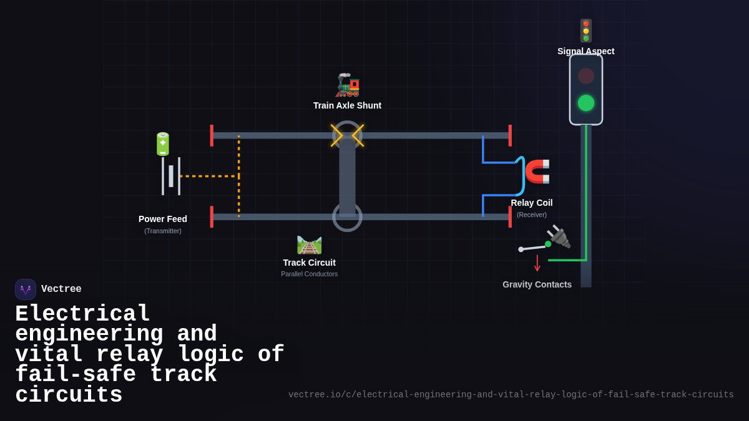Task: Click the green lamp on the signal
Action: click(x=585, y=103)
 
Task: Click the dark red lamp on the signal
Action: click(x=585, y=76)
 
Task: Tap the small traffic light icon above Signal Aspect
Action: click(x=585, y=31)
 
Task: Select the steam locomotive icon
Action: click(x=348, y=85)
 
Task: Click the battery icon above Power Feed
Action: click(x=162, y=144)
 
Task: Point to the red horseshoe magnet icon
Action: click(x=537, y=171)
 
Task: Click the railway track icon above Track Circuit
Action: click(x=309, y=244)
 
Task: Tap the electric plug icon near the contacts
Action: click(x=559, y=236)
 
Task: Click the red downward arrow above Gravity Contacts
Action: click(x=537, y=263)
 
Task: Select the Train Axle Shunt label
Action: click(x=347, y=105)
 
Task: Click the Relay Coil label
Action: click(x=531, y=203)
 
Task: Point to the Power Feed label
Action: click(x=162, y=219)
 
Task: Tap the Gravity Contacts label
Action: click(x=537, y=284)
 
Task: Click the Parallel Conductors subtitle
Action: click(x=309, y=274)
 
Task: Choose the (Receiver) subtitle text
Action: click(x=531, y=215)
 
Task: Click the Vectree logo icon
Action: click(x=26, y=289)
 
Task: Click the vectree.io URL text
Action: click(x=511, y=395)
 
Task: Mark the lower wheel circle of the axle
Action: click(x=347, y=217)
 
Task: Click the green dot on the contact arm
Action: click(x=548, y=244)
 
